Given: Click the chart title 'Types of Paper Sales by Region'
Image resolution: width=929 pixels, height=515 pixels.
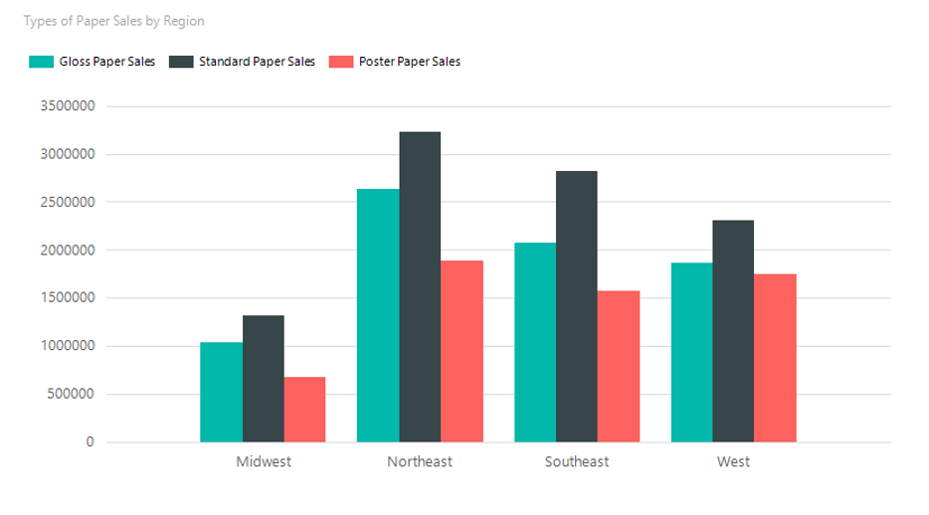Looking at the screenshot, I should [x=113, y=21].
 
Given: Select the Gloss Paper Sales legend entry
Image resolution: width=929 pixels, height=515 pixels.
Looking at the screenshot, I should [x=93, y=62].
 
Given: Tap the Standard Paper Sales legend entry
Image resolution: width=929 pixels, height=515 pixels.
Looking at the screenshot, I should [x=243, y=62].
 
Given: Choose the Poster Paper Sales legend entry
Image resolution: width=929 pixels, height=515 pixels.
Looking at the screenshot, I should [x=395, y=62].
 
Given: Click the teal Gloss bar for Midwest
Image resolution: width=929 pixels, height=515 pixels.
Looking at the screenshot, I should [x=221, y=392].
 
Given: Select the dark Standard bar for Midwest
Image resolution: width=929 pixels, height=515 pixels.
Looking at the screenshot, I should [x=264, y=379].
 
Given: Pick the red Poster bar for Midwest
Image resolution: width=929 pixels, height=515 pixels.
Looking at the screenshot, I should [x=305, y=410].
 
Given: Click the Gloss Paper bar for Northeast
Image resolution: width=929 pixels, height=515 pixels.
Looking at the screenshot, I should [x=378, y=315].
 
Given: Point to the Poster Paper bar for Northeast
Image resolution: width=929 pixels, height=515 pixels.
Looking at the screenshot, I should [x=463, y=351].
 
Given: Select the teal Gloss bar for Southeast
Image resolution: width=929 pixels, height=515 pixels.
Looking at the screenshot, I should [x=535, y=342].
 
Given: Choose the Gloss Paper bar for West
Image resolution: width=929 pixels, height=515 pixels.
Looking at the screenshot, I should [x=692, y=352].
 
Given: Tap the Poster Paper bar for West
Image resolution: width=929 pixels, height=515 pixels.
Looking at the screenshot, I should [x=776, y=358].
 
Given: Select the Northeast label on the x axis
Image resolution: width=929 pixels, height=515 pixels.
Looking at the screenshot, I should [x=420, y=462].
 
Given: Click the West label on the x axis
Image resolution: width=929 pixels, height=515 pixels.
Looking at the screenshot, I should [x=733, y=462].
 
